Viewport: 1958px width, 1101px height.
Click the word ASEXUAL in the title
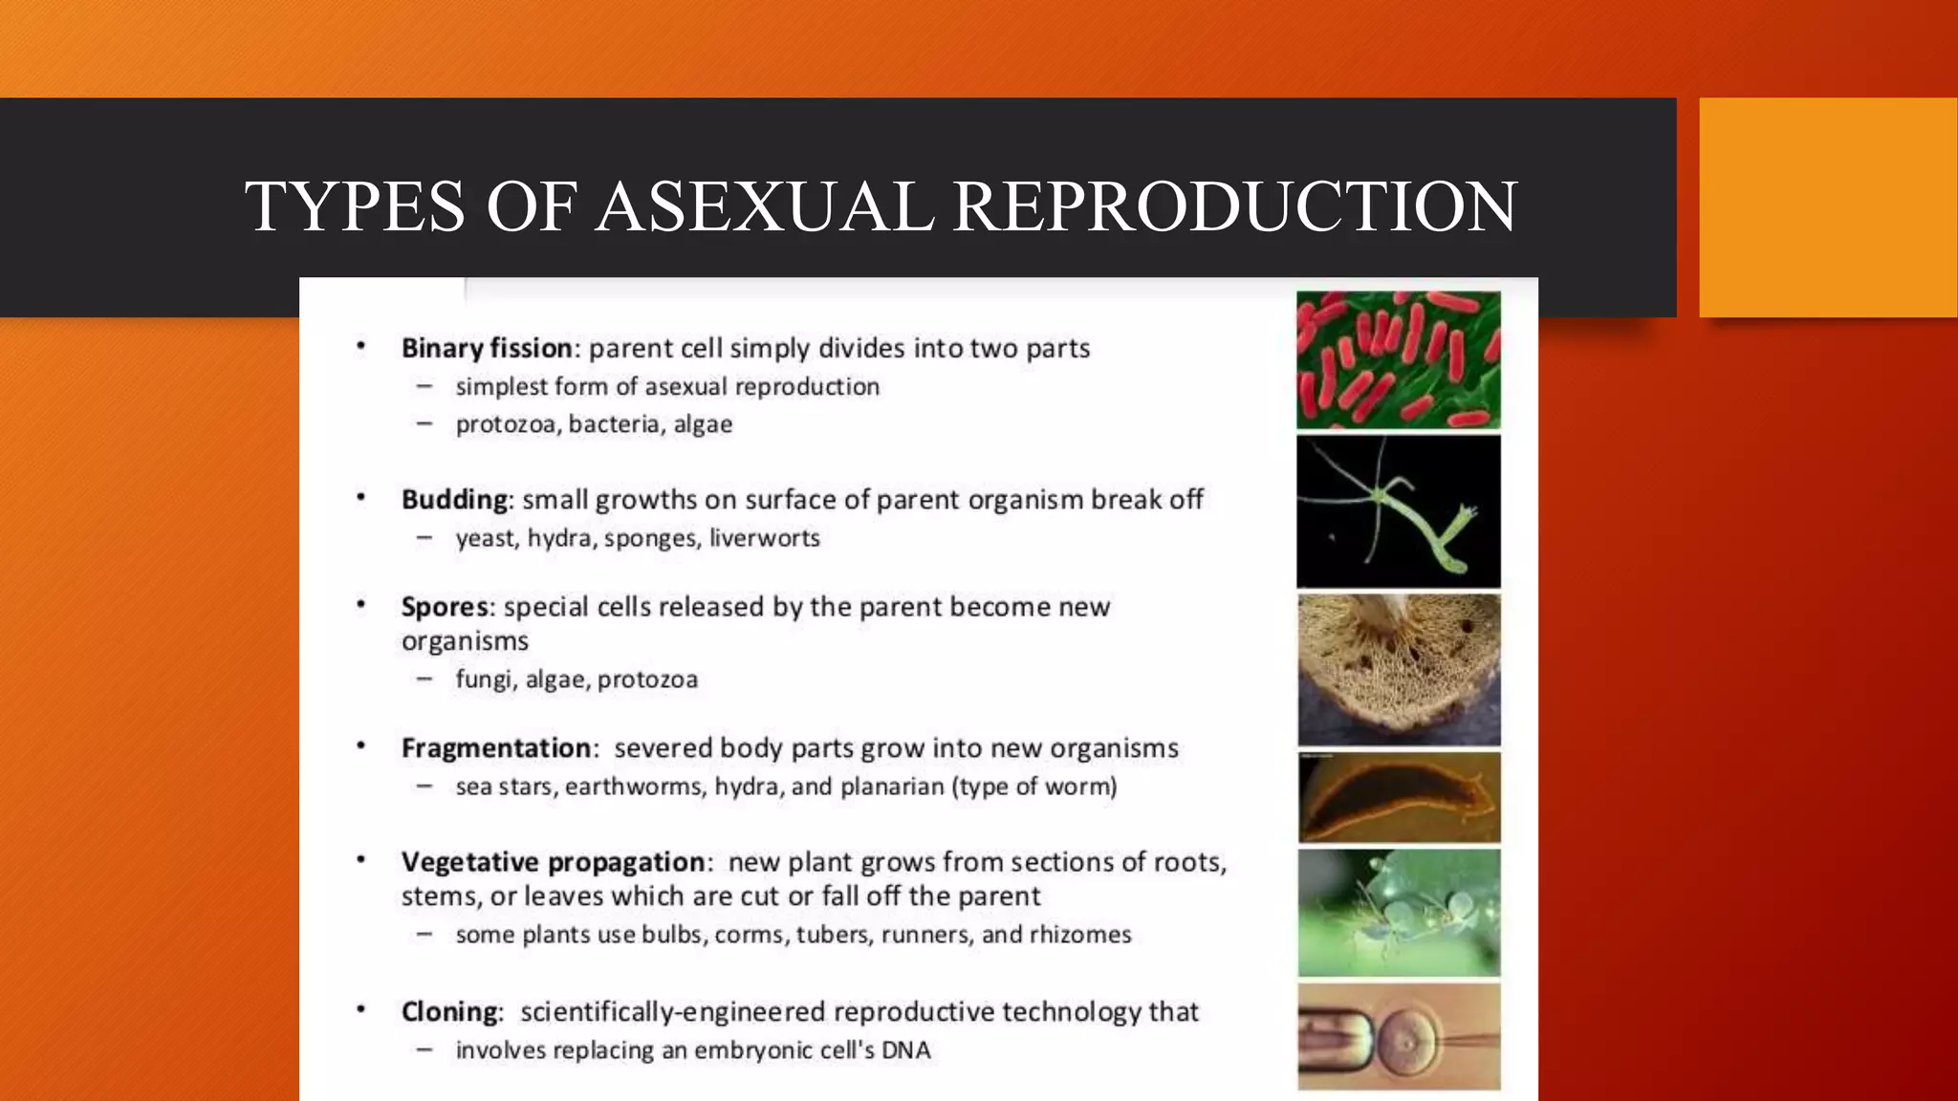[764, 206]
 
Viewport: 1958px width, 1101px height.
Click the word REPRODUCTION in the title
[1234, 206]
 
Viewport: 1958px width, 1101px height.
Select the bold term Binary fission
[487, 348]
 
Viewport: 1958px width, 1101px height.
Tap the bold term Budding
[454, 500]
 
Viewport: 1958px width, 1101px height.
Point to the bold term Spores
[445, 607]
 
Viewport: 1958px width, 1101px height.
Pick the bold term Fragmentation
[496, 747]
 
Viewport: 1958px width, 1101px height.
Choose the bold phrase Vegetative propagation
[553, 862]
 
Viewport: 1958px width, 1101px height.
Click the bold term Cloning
[449, 1011]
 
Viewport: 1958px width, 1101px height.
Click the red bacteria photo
[1398, 360]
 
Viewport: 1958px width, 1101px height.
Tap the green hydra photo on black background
[1398, 511]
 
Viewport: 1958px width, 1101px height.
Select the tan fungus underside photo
[1398, 669]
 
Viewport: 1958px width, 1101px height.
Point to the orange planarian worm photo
[1398, 797]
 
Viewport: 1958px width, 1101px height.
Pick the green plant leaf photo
[1398, 913]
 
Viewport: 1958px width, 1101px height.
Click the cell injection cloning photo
[1398, 1037]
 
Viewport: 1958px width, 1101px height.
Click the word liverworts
[764, 538]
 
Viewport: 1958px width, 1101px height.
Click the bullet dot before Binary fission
[361, 346]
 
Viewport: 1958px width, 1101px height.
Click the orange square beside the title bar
[1828, 206]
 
